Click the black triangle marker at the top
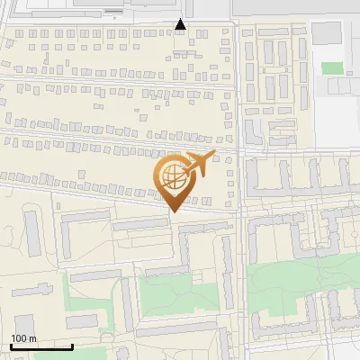(180, 24)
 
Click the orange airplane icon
(200, 164)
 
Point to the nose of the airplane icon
(212, 157)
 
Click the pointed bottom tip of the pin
(172, 211)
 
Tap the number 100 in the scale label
(19, 338)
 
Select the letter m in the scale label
(32, 338)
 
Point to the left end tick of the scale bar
(10, 345)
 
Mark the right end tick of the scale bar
(72, 345)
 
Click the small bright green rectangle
(333, 67)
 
